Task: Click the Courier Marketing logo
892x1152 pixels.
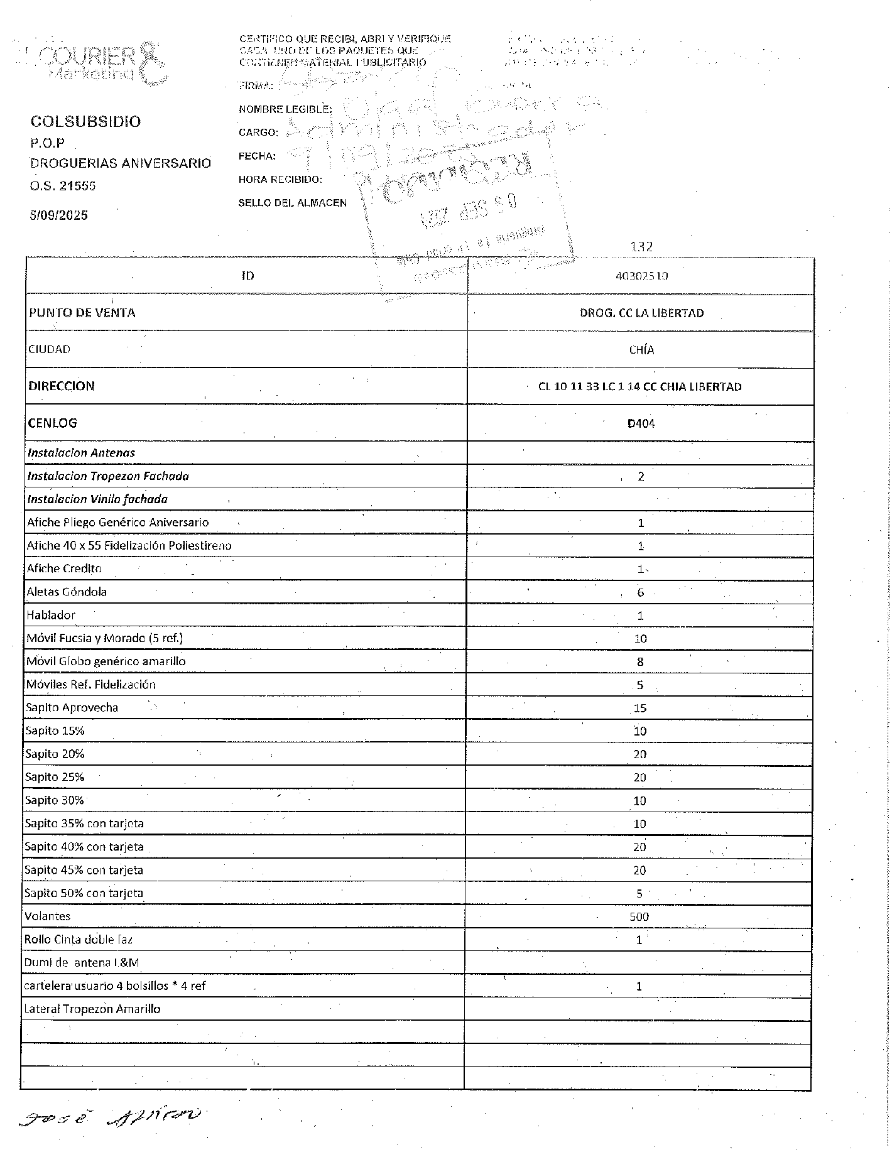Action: pyautogui.click(x=104, y=63)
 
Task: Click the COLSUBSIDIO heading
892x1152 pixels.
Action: pyautogui.click(x=85, y=122)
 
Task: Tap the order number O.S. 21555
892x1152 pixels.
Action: pyautogui.click(x=63, y=186)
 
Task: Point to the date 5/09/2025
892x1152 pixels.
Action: pyautogui.click(x=59, y=215)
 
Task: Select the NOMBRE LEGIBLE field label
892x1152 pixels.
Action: pyautogui.click(x=285, y=109)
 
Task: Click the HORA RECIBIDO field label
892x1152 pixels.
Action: pyautogui.click(x=280, y=180)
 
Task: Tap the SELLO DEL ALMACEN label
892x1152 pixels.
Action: pyautogui.click(x=292, y=203)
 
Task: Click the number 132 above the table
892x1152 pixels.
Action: pyautogui.click(x=641, y=247)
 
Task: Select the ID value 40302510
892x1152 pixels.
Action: pyautogui.click(x=641, y=276)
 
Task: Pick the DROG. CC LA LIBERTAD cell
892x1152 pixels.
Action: pyautogui.click(x=641, y=313)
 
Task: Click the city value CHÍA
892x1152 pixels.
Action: pyautogui.click(x=641, y=350)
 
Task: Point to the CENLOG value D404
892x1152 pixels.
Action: pyautogui.click(x=641, y=423)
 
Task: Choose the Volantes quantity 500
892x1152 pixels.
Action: pyautogui.click(x=639, y=917)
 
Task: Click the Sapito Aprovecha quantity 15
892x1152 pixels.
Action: pyautogui.click(x=639, y=709)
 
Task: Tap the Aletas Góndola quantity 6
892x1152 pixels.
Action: pyautogui.click(x=640, y=592)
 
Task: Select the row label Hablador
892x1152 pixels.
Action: pyautogui.click(x=51, y=616)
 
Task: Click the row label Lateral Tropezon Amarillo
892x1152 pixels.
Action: pyautogui.click(x=92, y=1009)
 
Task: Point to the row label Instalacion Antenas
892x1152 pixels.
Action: pyautogui.click(x=81, y=453)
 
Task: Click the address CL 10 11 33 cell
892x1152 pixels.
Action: pyautogui.click(x=639, y=387)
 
